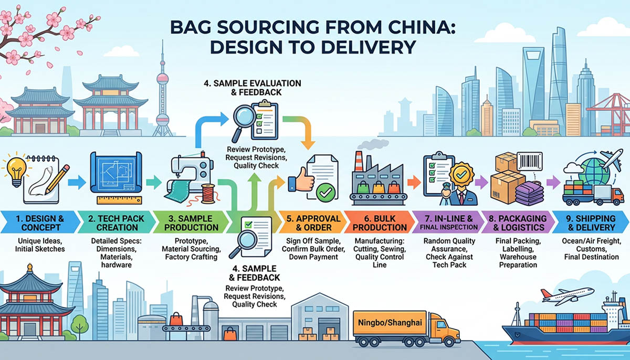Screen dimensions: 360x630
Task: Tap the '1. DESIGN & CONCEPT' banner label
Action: (38, 223)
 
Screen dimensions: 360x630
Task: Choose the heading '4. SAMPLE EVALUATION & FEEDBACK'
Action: (253, 88)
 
